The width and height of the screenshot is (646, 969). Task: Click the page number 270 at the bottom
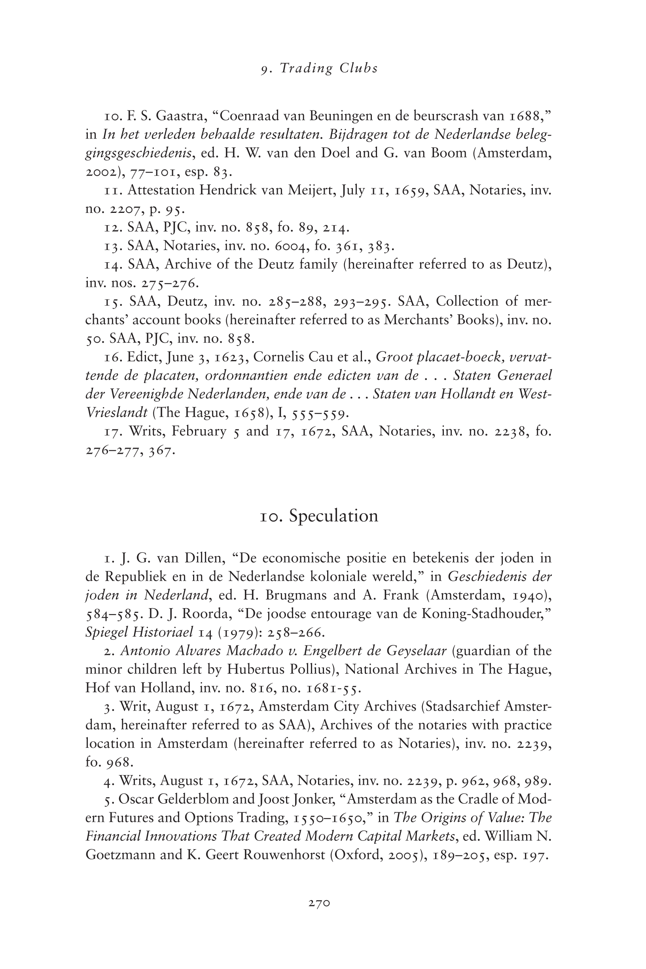(x=319, y=903)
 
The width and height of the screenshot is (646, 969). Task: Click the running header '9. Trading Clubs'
(x=319, y=68)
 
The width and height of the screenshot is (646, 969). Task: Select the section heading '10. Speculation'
(x=319, y=516)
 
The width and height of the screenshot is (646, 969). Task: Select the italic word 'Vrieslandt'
(x=117, y=413)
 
